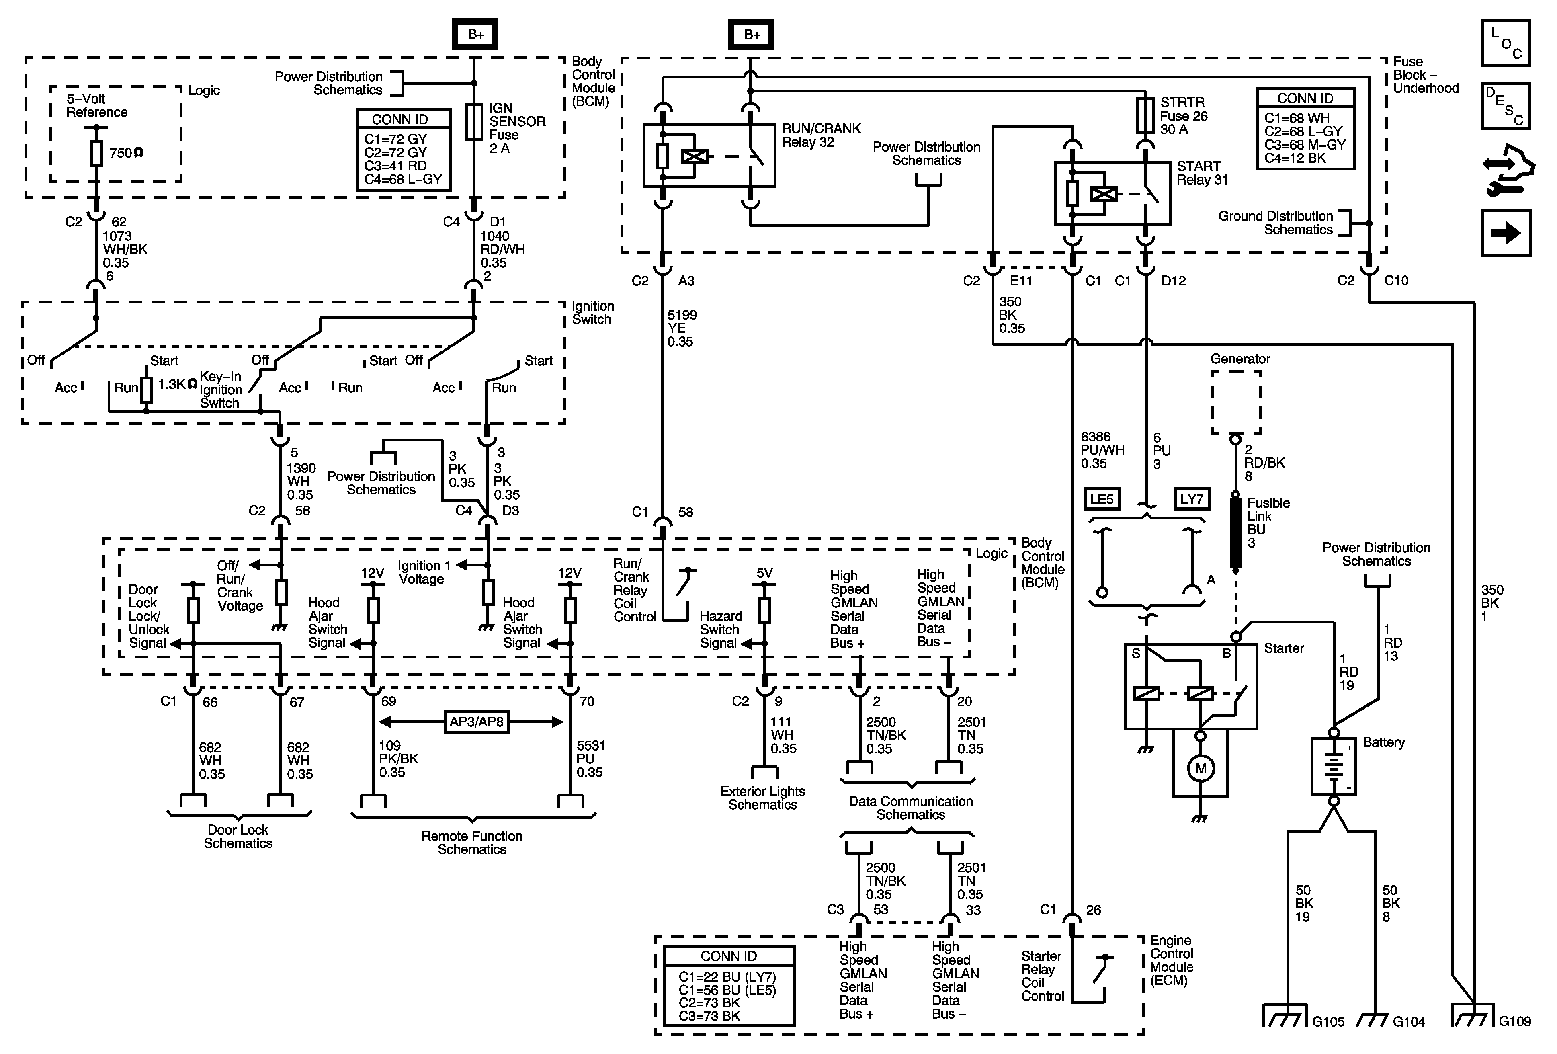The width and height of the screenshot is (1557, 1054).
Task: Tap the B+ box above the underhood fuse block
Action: [751, 34]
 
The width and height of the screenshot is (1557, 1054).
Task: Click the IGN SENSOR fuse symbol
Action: [474, 122]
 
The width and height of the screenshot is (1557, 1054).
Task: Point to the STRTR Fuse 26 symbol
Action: [1145, 115]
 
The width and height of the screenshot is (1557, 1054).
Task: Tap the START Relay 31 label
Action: [1203, 173]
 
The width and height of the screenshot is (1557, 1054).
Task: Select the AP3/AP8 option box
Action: [476, 722]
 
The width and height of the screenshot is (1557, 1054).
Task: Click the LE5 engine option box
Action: [1101, 499]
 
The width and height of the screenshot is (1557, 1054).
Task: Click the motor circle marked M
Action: [1201, 769]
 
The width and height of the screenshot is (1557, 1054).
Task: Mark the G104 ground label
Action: [1409, 1022]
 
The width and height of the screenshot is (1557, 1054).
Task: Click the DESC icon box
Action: [1506, 106]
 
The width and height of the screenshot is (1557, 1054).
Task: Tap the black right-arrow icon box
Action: [1506, 233]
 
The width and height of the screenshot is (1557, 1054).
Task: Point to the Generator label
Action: [1240, 359]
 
